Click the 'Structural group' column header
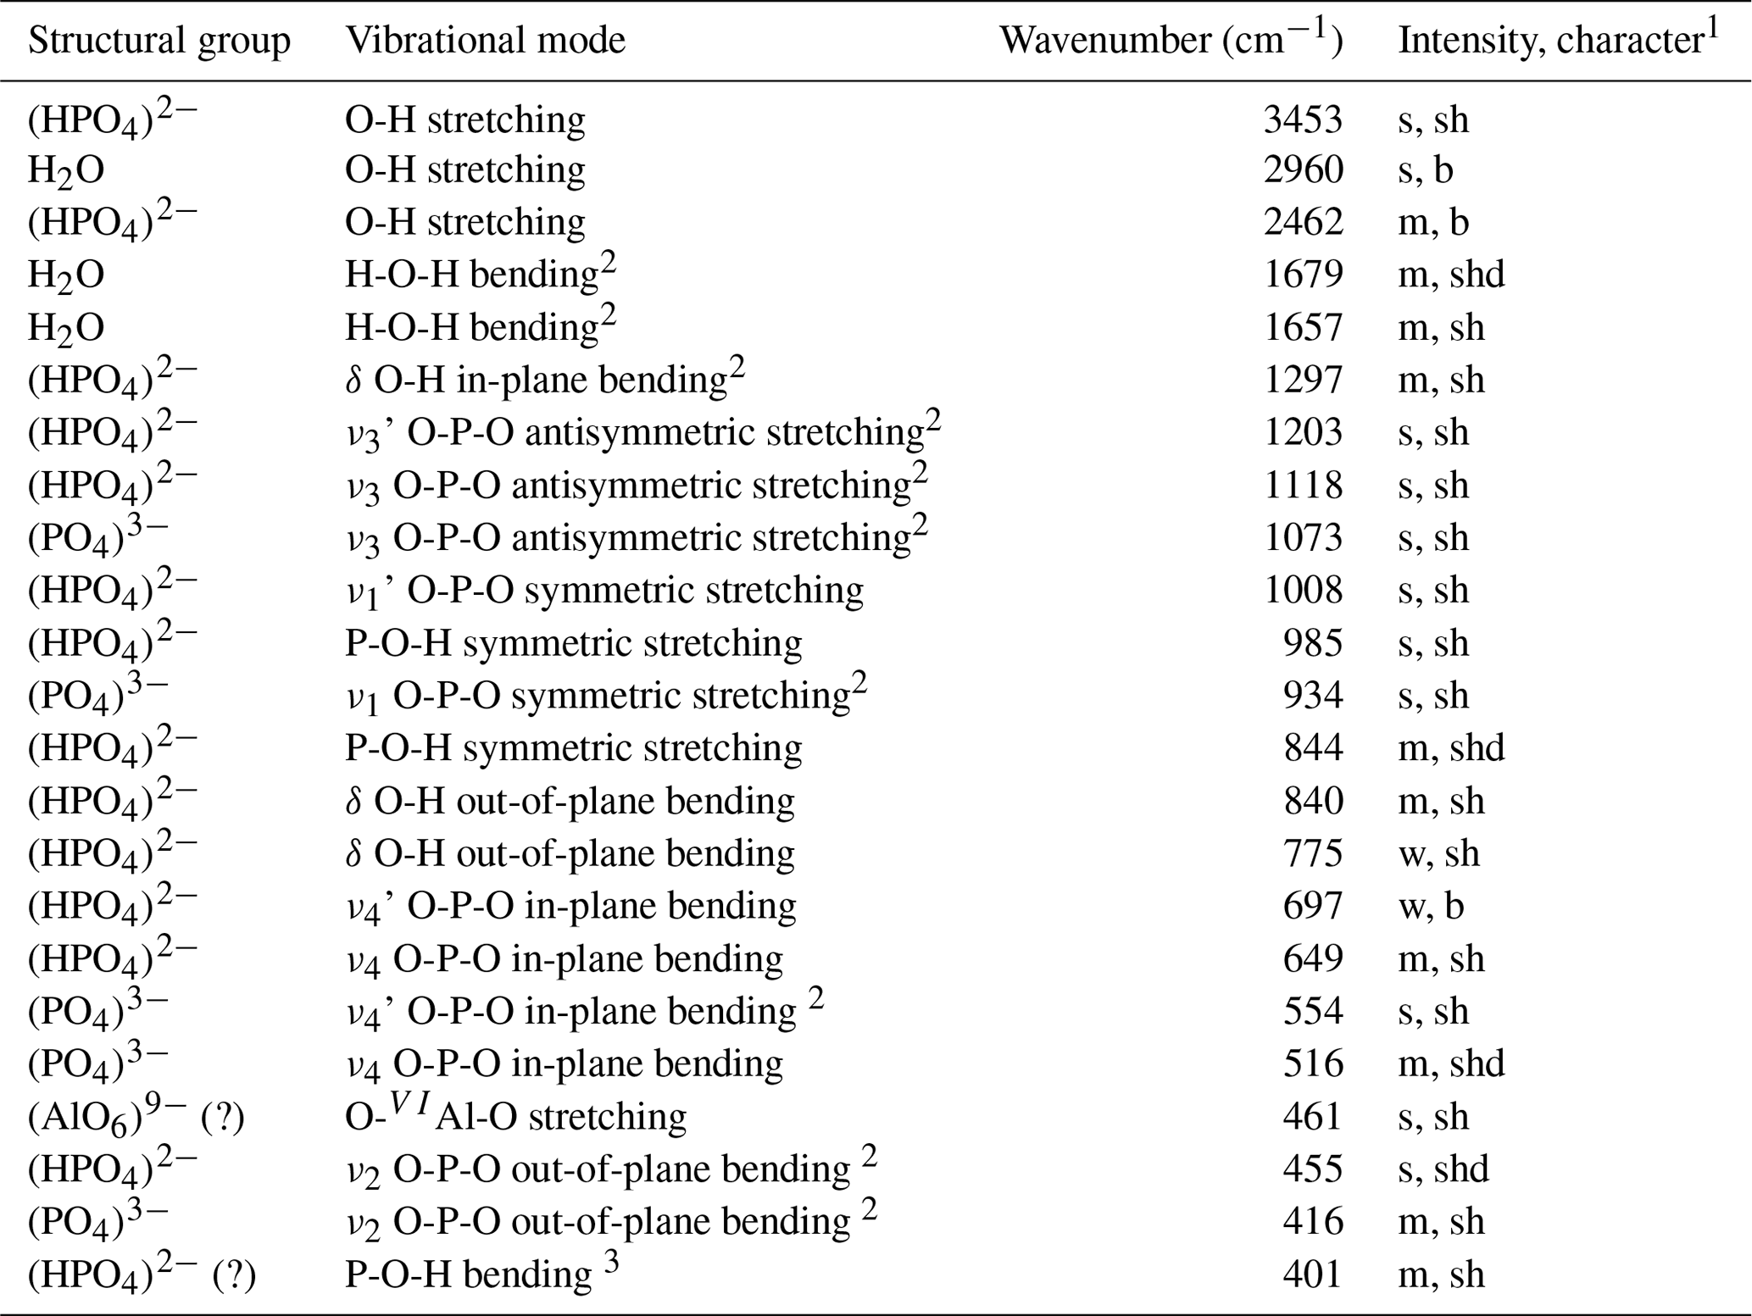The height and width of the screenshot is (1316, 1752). pyautogui.click(x=159, y=41)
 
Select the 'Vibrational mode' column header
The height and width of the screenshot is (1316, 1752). pyautogui.click(x=485, y=41)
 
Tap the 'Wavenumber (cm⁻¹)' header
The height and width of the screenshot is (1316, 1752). pyautogui.click(x=1171, y=41)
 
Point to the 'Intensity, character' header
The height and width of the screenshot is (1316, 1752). pyautogui.click(x=1558, y=41)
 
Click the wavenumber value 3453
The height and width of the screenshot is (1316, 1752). pyautogui.click(x=1303, y=119)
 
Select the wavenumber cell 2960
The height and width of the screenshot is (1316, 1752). pyautogui.click(x=1303, y=170)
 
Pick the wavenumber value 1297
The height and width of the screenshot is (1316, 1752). pyautogui.click(x=1303, y=380)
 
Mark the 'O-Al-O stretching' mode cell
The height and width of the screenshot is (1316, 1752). pyautogui.click(x=515, y=1117)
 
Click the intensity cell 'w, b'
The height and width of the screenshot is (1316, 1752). pyautogui.click(x=1431, y=906)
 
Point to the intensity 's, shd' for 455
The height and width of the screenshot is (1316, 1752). pyautogui.click(x=1443, y=1169)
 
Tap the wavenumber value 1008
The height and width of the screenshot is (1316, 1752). pyautogui.click(x=1303, y=591)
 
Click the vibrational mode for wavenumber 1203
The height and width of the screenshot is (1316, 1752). pyautogui.click(x=642, y=433)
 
